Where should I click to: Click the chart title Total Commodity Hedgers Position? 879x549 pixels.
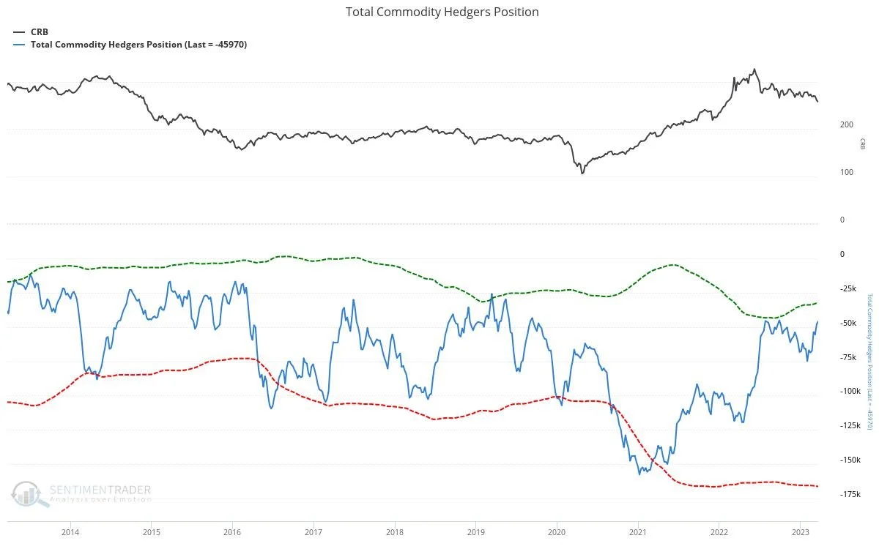pyautogui.click(x=442, y=12)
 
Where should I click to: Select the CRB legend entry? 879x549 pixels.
pyautogui.click(x=39, y=32)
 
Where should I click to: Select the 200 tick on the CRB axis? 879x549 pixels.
pyautogui.click(x=846, y=125)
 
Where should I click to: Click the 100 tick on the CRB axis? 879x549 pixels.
pyautogui.click(x=846, y=173)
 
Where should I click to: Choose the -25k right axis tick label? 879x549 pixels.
pyautogui.click(x=850, y=288)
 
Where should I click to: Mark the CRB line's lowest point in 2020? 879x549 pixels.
pyautogui.click(x=582, y=173)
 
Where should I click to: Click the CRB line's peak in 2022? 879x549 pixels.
pyautogui.click(x=754, y=70)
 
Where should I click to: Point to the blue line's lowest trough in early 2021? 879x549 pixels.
pyautogui.click(x=639, y=474)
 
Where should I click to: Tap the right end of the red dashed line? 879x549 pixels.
pyautogui.click(x=817, y=486)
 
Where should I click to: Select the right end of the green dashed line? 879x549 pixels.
pyautogui.click(x=817, y=303)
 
